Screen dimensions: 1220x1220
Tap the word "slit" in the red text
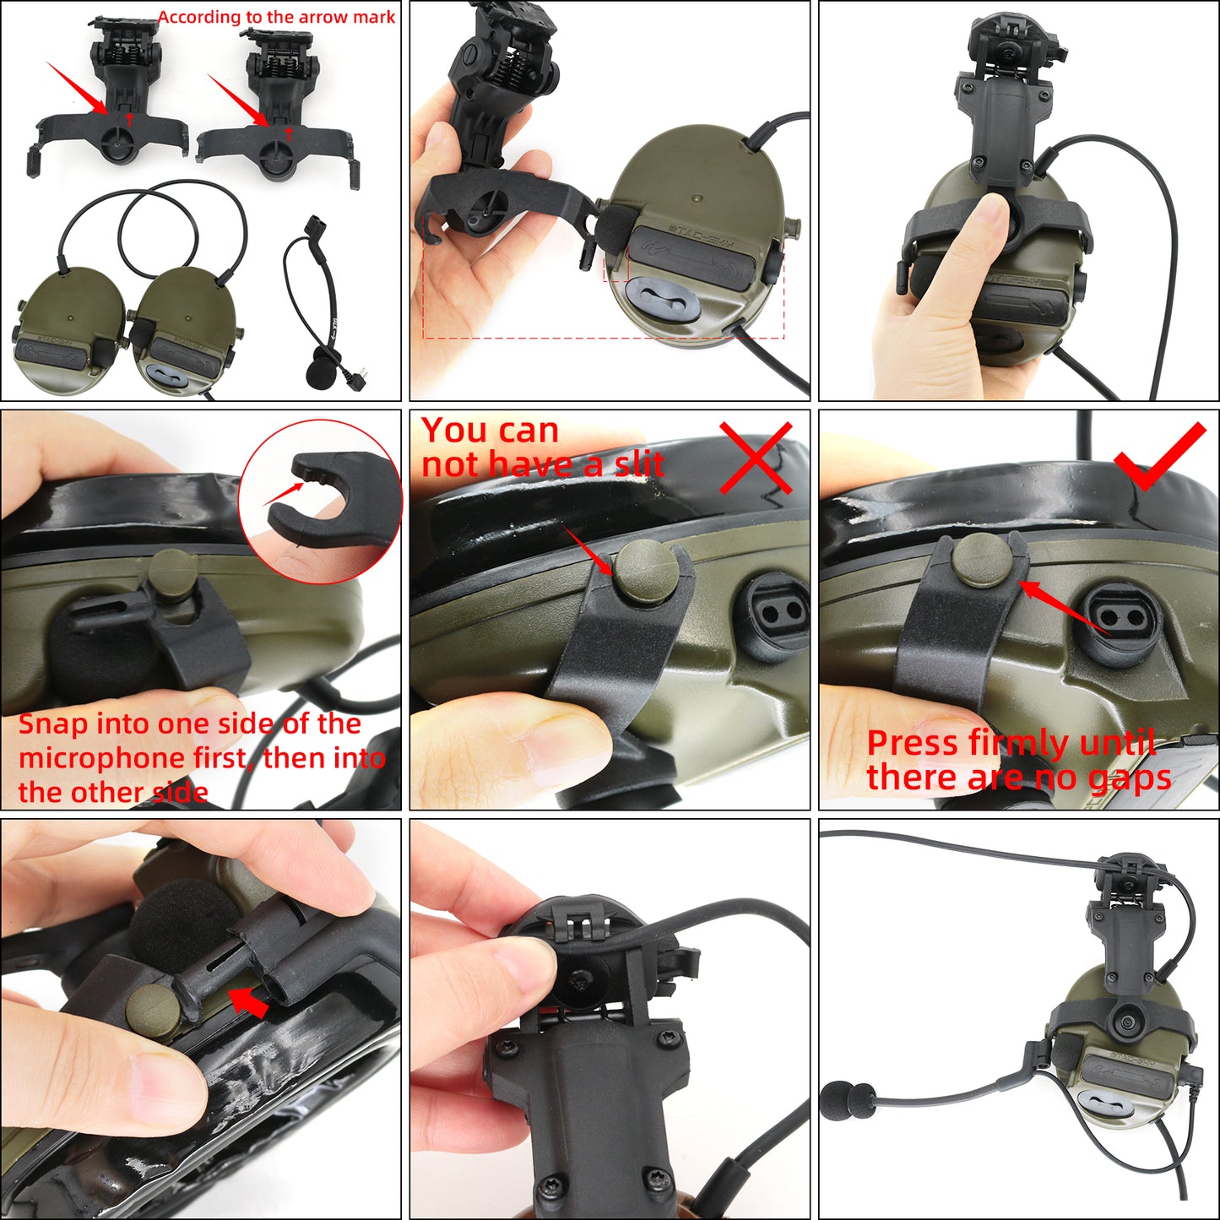(x=638, y=464)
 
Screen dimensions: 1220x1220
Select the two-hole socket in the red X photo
(x=777, y=614)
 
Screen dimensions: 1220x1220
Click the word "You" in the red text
(x=455, y=431)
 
